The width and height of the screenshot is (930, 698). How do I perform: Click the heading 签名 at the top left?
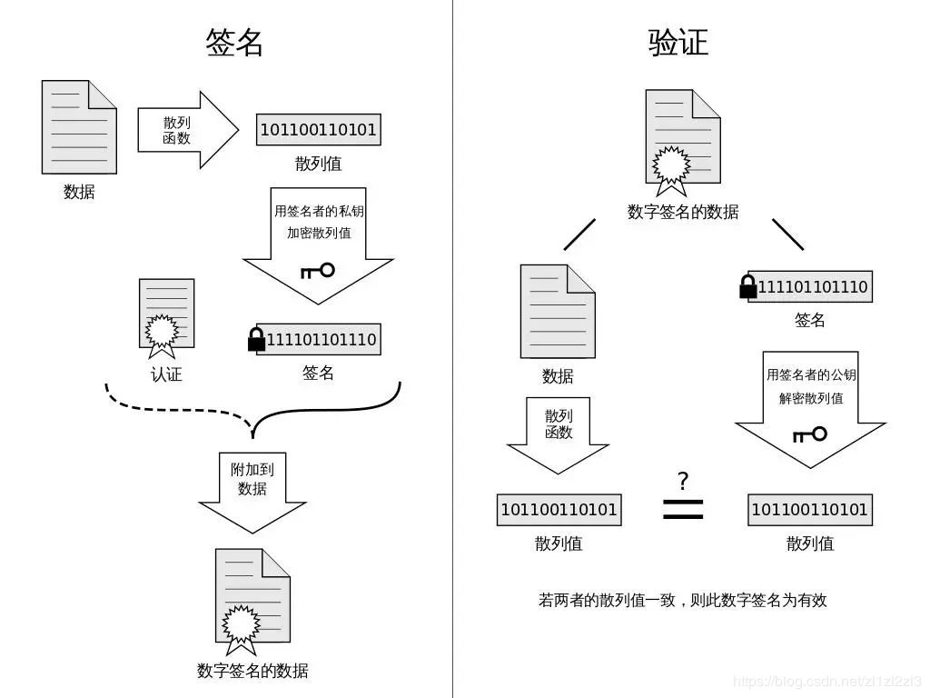(x=234, y=42)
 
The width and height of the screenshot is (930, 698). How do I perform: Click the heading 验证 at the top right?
(x=678, y=42)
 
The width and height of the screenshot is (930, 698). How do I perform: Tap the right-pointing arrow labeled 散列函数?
(x=186, y=130)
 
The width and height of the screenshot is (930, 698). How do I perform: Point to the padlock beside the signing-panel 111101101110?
(x=256, y=339)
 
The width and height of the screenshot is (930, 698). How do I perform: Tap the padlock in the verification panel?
(x=748, y=286)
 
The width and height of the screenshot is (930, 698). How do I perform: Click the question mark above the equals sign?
(x=683, y=481)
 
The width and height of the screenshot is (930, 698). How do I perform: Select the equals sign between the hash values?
(x=683, y=509)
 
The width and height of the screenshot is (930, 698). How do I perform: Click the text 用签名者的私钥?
(x=319, y=211)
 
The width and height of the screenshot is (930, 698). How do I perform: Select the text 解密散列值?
(x=810, y=398)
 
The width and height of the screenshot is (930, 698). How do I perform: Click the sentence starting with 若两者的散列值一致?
(x=682, y=600)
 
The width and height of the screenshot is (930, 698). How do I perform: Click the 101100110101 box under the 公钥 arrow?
(x=809, y=510)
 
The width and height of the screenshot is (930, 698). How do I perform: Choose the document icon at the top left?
(x=79, y=127)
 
